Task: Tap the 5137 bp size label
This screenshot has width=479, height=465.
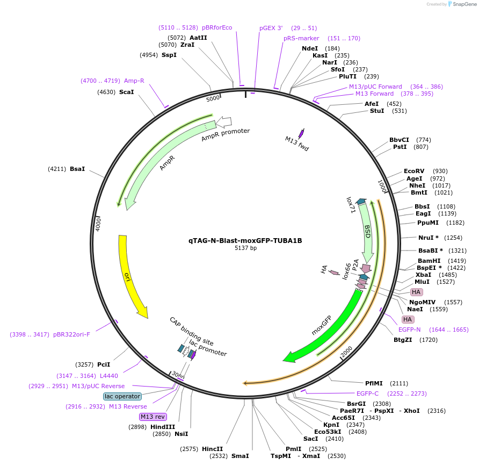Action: pos(245,248)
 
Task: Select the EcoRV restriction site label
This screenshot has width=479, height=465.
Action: pos(413,171)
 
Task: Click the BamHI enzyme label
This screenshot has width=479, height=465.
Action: pos(429,261)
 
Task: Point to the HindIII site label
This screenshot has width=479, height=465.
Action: pos(163,427)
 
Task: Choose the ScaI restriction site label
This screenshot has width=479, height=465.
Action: pos(126,92)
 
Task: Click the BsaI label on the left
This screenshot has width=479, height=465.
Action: pos(77,169)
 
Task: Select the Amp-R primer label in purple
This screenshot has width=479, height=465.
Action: pos(134,81)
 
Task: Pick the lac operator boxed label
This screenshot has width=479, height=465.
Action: pos(122,396)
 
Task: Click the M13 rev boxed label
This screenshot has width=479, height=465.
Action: pos(153,417)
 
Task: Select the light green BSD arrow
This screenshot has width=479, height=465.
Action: pos(367,231)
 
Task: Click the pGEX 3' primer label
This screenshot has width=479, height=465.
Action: pos(271,27)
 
